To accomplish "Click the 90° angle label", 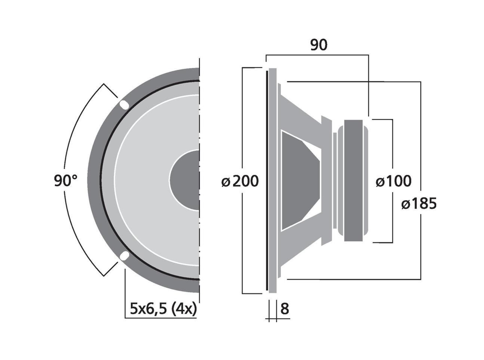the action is [66, 180].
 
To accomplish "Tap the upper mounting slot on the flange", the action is [124, 105].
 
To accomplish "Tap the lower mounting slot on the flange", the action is [124, 256].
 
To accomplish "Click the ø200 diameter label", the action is [240, 181].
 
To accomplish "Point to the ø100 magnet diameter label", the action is [394, 181].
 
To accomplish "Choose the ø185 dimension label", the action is [419, 204].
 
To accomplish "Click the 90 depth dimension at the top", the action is [319, 45].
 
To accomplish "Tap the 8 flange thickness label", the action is [285, 309].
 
